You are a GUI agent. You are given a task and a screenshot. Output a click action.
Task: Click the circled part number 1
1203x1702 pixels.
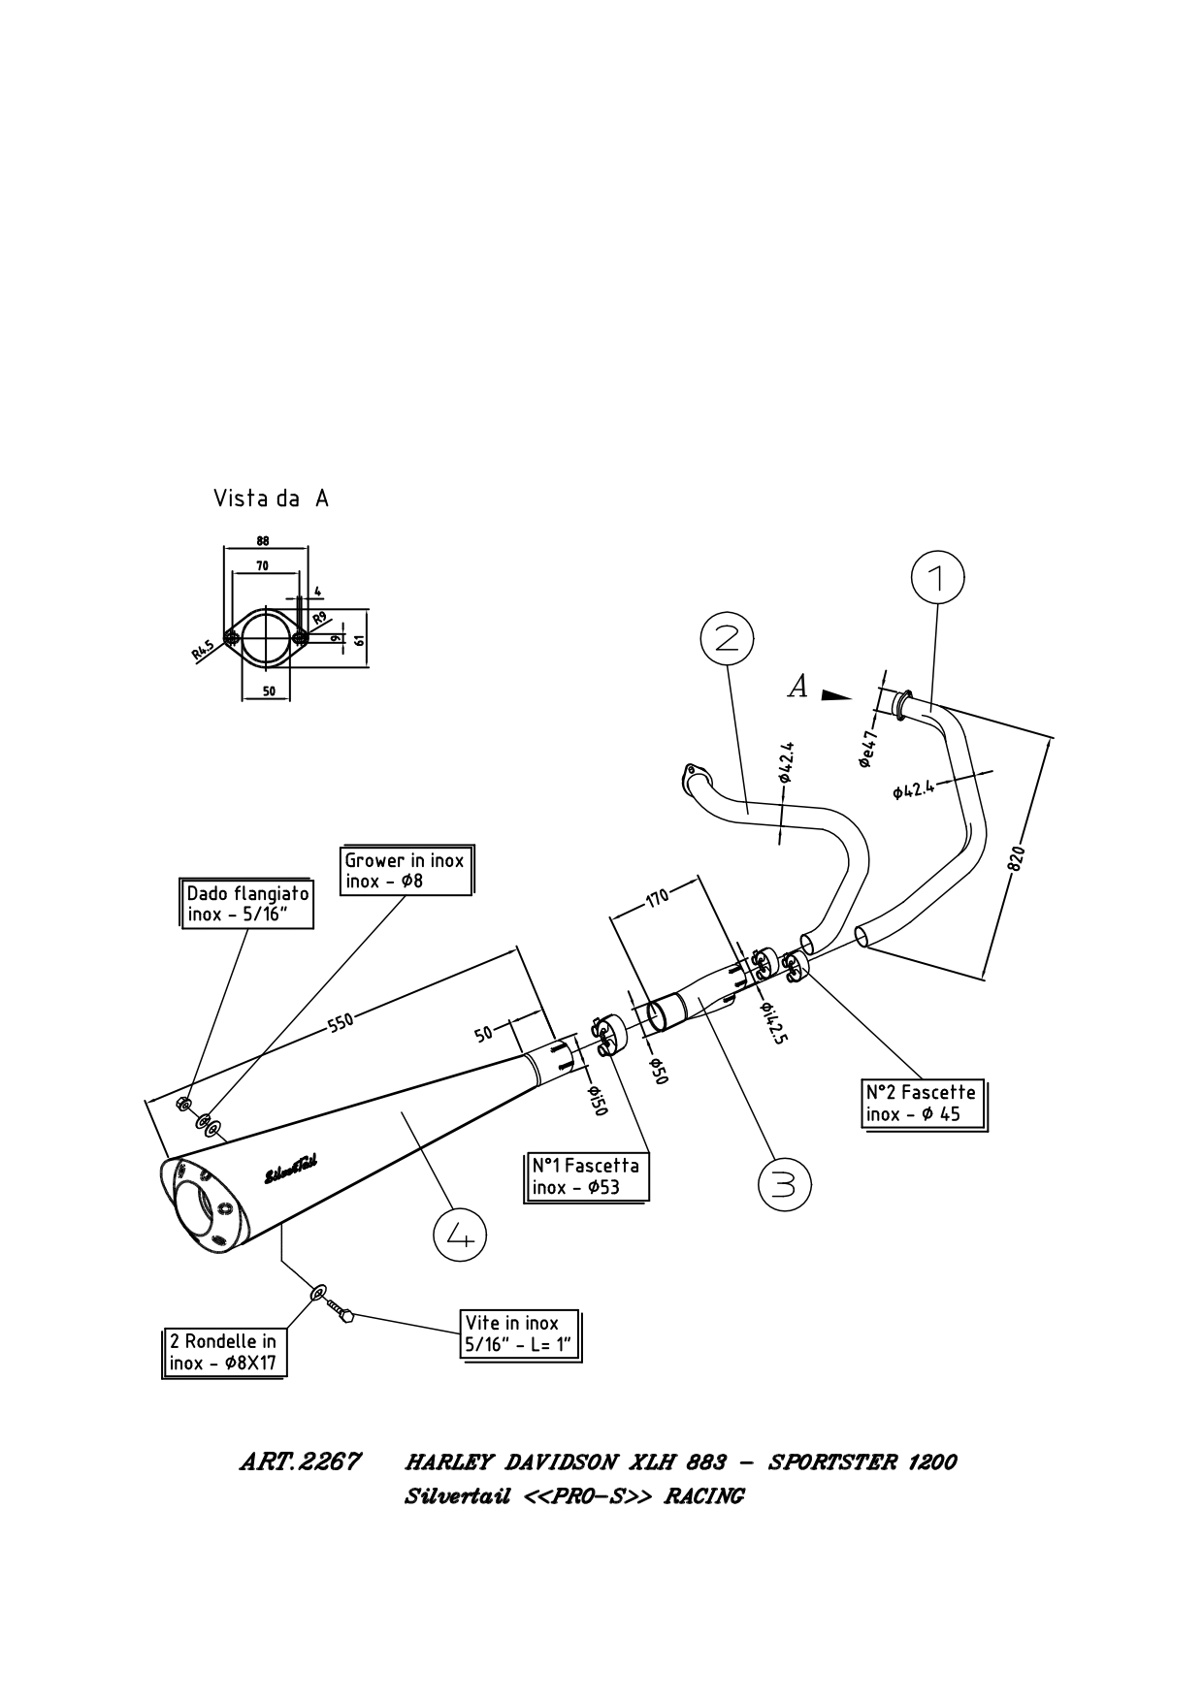point(937,579)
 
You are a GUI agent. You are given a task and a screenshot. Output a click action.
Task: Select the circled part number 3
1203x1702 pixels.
point(784,1184)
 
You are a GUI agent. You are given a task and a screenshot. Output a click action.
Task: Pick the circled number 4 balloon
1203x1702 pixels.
point(459,1235)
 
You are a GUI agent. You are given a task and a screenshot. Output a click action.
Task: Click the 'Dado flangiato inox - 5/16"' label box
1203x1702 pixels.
point(248,904)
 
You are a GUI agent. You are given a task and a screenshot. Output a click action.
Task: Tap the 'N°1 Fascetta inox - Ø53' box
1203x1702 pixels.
point(587,1176)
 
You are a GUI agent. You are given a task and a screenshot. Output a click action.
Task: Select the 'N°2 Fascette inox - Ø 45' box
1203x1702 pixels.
point(925,1104)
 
